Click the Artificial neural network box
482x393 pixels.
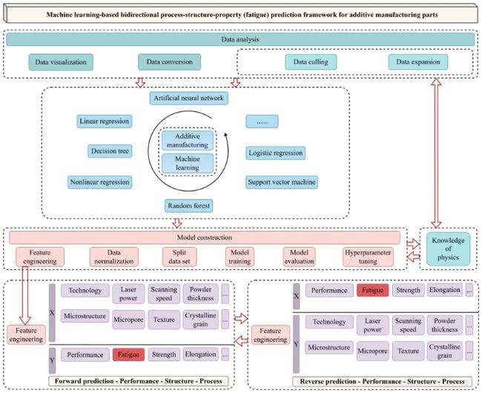pos(188,98)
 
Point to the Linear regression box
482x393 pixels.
pos(104,121)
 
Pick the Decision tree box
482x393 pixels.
pos(110,151)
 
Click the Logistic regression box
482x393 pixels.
pos(276,152)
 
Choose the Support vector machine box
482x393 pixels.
pos(283,181)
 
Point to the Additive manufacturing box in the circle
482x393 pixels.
pos(187,140)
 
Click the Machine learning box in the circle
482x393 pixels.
pos(187,163)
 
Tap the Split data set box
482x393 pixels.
pos(175,257)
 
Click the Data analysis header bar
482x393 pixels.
pos(239,39)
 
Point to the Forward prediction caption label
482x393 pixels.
pos(139,381)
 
